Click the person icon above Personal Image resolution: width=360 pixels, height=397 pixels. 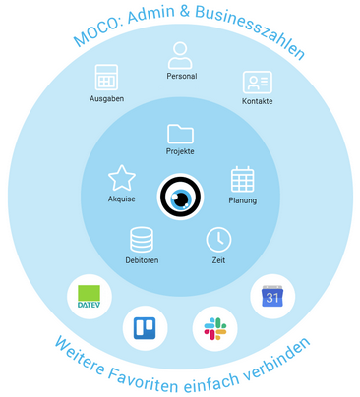click(180, 55)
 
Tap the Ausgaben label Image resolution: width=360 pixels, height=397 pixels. click(107, 98)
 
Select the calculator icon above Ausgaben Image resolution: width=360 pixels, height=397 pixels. click(106, 78)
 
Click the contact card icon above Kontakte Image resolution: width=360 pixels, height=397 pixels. click(258, 83)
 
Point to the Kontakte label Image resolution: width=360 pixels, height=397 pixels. click(258, 101)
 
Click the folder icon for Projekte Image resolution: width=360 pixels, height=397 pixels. click(180, 134)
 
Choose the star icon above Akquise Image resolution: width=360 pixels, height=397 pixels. click(122, 178)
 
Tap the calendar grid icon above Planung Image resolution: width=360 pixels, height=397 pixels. click(243, 179)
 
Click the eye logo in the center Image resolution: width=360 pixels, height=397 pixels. click(180, 197)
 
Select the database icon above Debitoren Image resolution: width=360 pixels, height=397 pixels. click(142, 240)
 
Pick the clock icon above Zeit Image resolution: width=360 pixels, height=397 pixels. click(218, 240)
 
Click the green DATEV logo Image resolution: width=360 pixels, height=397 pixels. click(90, 297)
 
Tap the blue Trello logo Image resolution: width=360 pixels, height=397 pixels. click(145, 328)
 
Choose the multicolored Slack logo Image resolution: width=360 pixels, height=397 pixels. click(215, 328)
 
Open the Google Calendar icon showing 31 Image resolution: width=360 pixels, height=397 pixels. click(272, 296)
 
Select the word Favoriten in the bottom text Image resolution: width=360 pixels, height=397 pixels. click(144, 379)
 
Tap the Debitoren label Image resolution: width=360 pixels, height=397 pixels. click(142, 260)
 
